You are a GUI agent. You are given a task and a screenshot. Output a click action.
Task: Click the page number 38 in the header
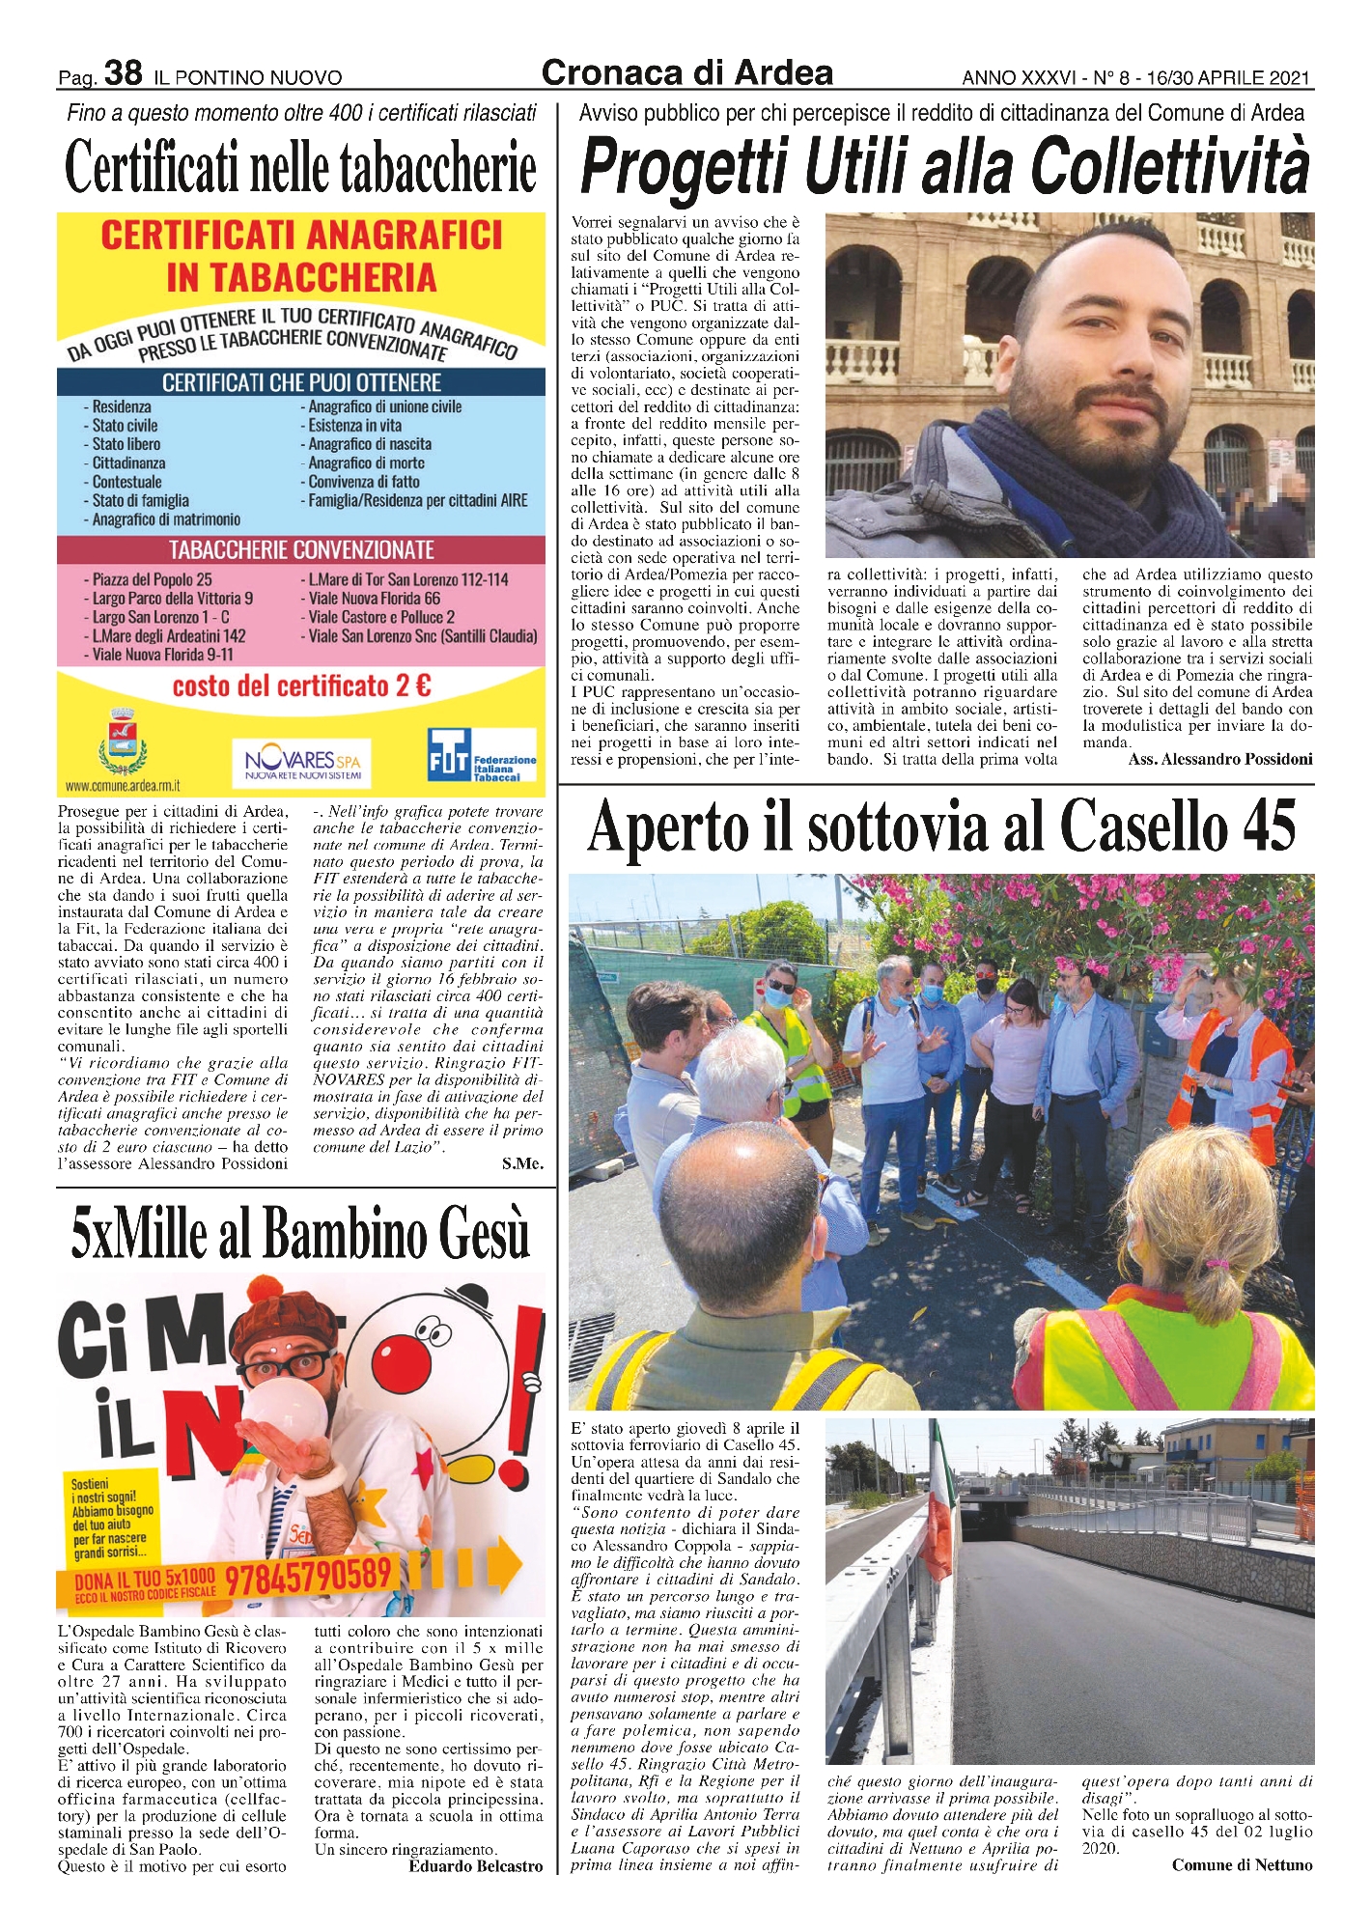123,73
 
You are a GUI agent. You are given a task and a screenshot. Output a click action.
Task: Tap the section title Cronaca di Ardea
686,73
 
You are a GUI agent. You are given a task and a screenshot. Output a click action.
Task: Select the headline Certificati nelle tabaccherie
300,168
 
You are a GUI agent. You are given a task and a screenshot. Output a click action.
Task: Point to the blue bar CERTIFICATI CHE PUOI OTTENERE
301,382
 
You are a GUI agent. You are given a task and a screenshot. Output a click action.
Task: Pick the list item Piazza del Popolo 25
152,579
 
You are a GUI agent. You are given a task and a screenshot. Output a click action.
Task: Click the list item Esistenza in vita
354,426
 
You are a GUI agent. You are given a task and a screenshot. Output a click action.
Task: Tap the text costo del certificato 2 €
301,686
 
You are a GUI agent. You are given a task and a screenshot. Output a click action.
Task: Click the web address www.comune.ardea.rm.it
123,786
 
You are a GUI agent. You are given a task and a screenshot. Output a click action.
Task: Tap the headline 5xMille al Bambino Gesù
300,1235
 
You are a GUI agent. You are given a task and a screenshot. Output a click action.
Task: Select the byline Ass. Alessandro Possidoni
1220,760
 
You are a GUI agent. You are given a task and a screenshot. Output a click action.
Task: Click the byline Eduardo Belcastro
476,1866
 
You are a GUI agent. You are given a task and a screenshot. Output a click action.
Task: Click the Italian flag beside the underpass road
937,1525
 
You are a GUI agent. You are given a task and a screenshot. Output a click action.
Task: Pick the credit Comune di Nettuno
1242,1864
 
